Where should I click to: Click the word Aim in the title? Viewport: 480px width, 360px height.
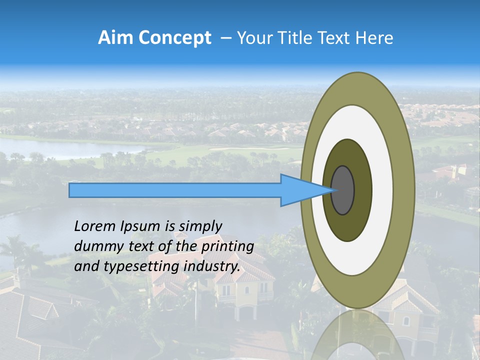point(115,38)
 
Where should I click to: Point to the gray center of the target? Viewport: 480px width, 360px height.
point(342,190)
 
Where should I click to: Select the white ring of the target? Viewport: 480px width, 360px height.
point(382,190)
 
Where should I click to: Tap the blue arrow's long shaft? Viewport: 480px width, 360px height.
point(175,190)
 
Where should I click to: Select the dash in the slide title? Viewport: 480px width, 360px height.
point(225,38)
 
